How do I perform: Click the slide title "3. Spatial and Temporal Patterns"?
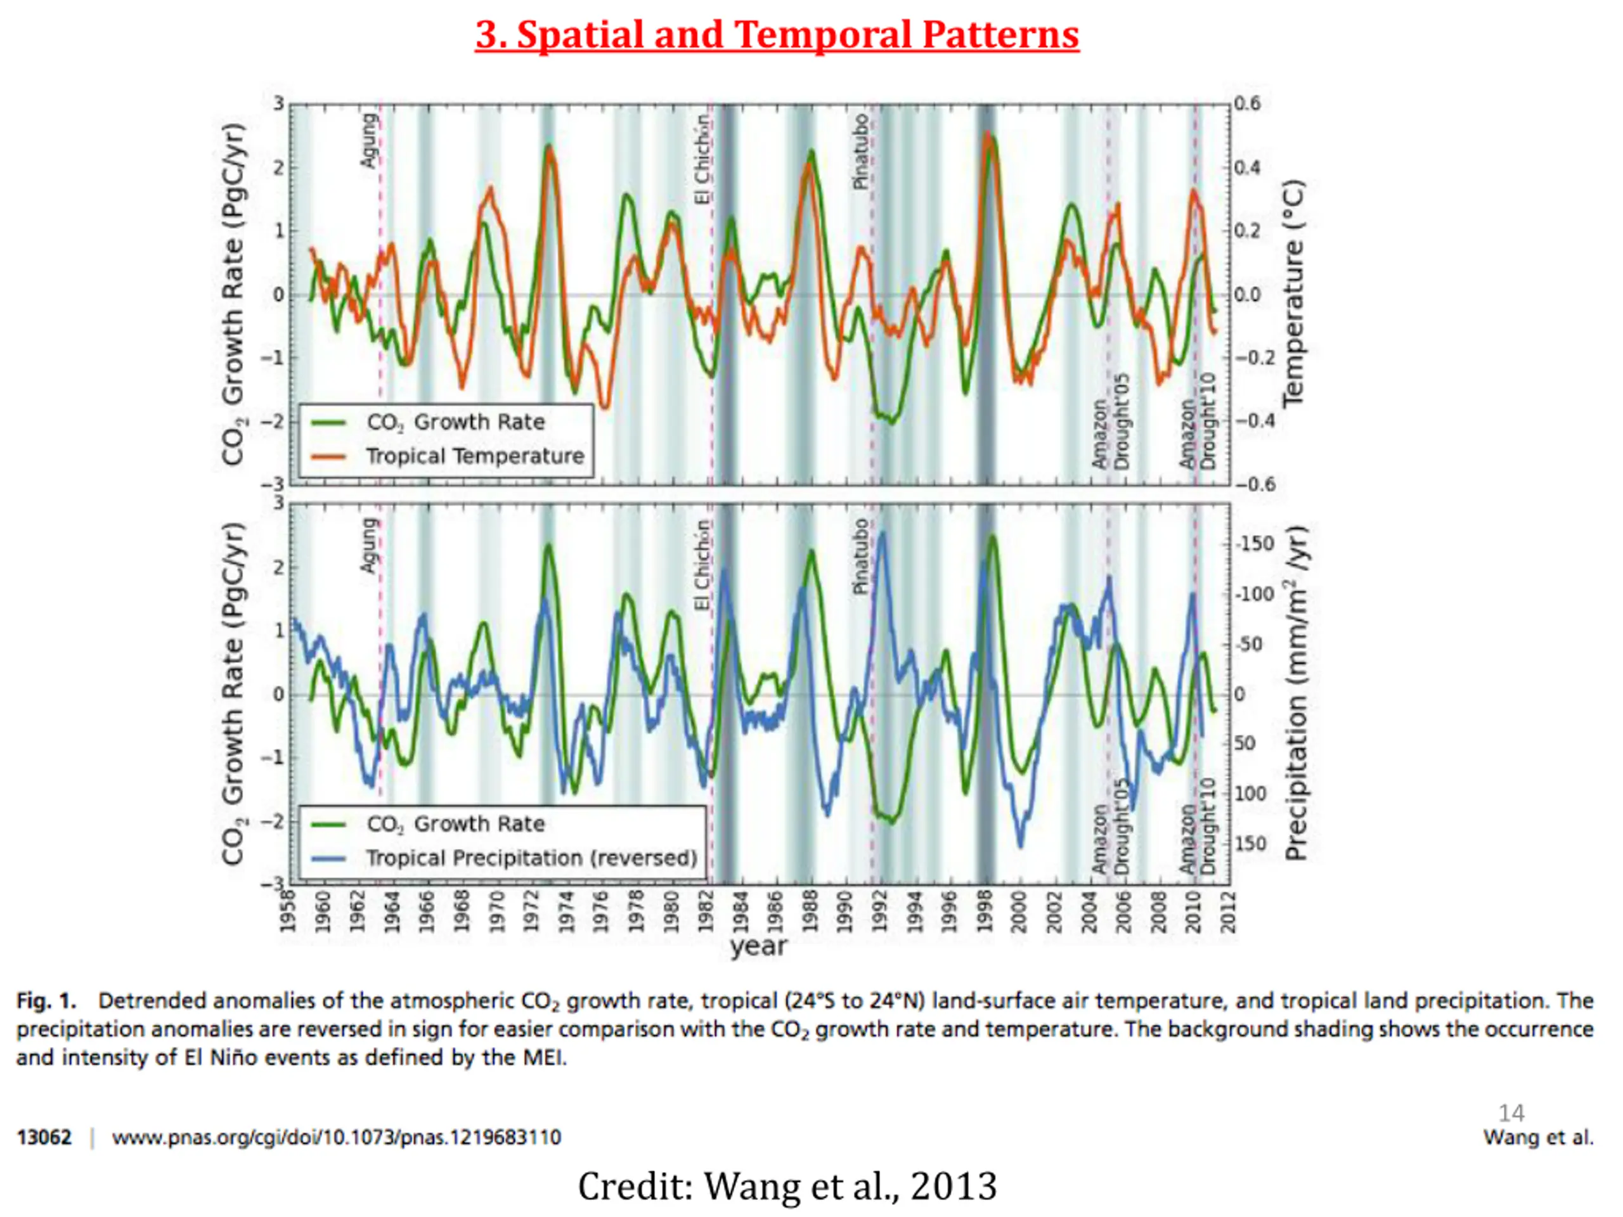click(x=777, y=34)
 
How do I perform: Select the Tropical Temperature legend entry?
click(x=448, y=456)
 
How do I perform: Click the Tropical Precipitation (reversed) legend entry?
click(x=504, y=858)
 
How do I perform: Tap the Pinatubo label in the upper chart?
click(x=862, y=151)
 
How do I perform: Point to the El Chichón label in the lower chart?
click(x=702, y=564)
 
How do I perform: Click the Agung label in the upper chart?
click(x=369, y=139)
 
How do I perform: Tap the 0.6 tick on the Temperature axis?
click(x=1247, y=103)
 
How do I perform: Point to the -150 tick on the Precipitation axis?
click(x=1254, y=544)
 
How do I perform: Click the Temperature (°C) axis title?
click(x=1293, y=293)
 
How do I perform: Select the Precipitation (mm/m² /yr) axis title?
click(x=1297, y=693)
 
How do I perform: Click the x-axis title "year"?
click(x=759, y=946)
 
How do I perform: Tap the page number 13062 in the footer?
click(x=44, y=1138)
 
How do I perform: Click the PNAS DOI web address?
click(x=336, y=1138)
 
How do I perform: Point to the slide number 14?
click(x=1511, y=1113)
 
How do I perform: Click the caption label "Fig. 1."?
click(x=46, y=1001)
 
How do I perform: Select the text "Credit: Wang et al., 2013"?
click(x=787, y=1186)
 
